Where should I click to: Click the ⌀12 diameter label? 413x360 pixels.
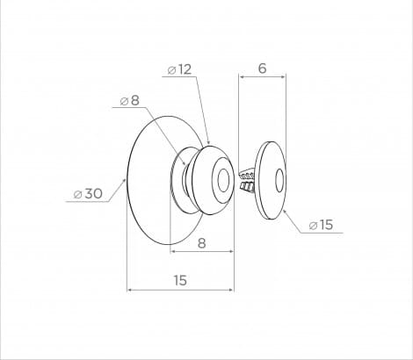(x=179, y=69)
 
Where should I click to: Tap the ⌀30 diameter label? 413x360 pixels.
(x=88, y=193)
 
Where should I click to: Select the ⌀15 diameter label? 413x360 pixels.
(x=321, y=225)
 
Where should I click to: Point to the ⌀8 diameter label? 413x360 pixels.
(x=129, y=101)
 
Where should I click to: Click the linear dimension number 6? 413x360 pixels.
(x=263, y=68)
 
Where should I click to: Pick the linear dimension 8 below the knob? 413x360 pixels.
(x=202, y=243)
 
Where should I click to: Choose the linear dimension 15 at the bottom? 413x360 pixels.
(x=180, y=280)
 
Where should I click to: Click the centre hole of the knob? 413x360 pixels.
(x=224, y=180)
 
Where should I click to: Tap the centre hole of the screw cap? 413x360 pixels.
(x=279, y=180)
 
